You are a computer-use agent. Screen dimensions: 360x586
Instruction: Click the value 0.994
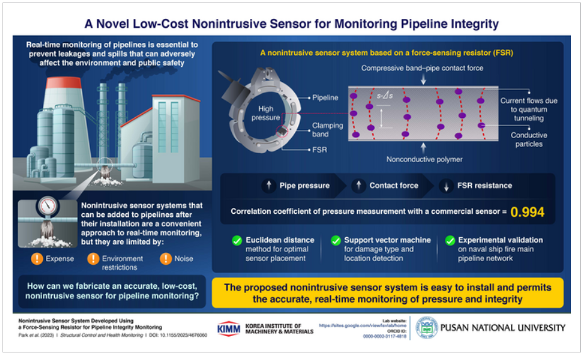click(527, 213)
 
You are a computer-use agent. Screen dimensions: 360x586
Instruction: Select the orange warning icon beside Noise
click(166, 258)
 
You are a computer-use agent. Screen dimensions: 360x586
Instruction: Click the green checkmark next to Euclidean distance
click(237, 240)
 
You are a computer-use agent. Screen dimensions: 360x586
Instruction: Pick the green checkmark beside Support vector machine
click(335, 240)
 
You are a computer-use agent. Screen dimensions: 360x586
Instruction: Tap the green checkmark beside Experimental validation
click(450, 240)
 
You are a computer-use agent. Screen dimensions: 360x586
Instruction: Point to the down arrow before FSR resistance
click(446, 186)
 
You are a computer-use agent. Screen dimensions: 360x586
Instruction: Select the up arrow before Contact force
click(359, 186)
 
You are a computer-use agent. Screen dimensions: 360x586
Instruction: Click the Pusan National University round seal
click(427, 328)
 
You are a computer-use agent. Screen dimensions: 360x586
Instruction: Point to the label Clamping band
click(328, 129)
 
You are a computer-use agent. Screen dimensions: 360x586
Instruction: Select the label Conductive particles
click(529, 139)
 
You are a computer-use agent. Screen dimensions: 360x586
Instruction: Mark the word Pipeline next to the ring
click(325, 98)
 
